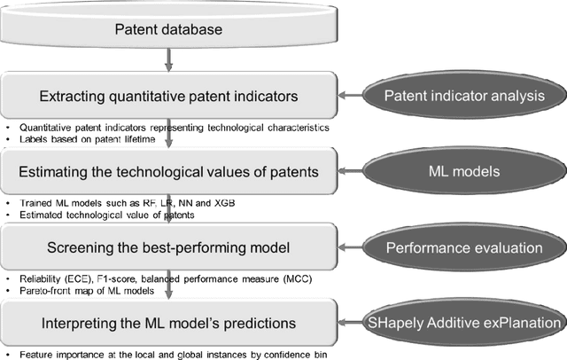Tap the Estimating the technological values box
coord(167,171)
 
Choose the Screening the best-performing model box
coord(167,245)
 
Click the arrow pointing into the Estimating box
coord(167,141)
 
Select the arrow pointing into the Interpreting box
coord(167,290)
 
